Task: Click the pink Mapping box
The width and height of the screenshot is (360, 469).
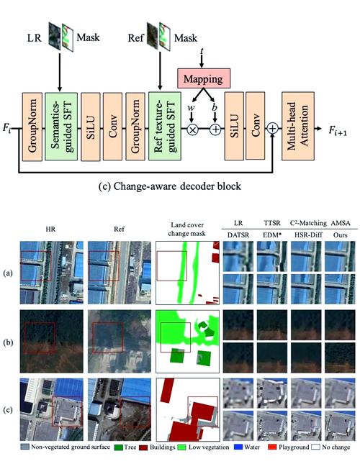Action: [204, 78]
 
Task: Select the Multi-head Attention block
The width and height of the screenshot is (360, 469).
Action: [297, 126]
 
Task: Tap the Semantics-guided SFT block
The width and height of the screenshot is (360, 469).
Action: [61, 126]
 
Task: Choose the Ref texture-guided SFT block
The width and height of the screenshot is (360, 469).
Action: [165, 126]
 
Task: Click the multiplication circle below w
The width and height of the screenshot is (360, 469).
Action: [192, 129]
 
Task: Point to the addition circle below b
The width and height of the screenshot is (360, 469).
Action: [215, 129]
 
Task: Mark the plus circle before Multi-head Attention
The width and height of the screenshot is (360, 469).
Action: [273, 129]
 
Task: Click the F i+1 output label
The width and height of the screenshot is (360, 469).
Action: [338, 130]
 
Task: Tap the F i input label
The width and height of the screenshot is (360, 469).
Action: [7, 128]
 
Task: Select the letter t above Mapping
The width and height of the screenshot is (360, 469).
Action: [202, 52]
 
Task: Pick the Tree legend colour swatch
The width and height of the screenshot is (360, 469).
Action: [119, 447]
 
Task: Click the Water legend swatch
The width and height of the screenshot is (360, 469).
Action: [238, 447]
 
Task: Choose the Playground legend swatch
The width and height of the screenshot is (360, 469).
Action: [272, 447]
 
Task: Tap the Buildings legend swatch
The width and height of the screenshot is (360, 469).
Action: [144, 447]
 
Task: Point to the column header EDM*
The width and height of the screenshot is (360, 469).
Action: [272, 235]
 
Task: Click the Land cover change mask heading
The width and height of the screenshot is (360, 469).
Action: [187, 229]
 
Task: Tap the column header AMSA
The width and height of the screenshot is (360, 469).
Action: [341, 223]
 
